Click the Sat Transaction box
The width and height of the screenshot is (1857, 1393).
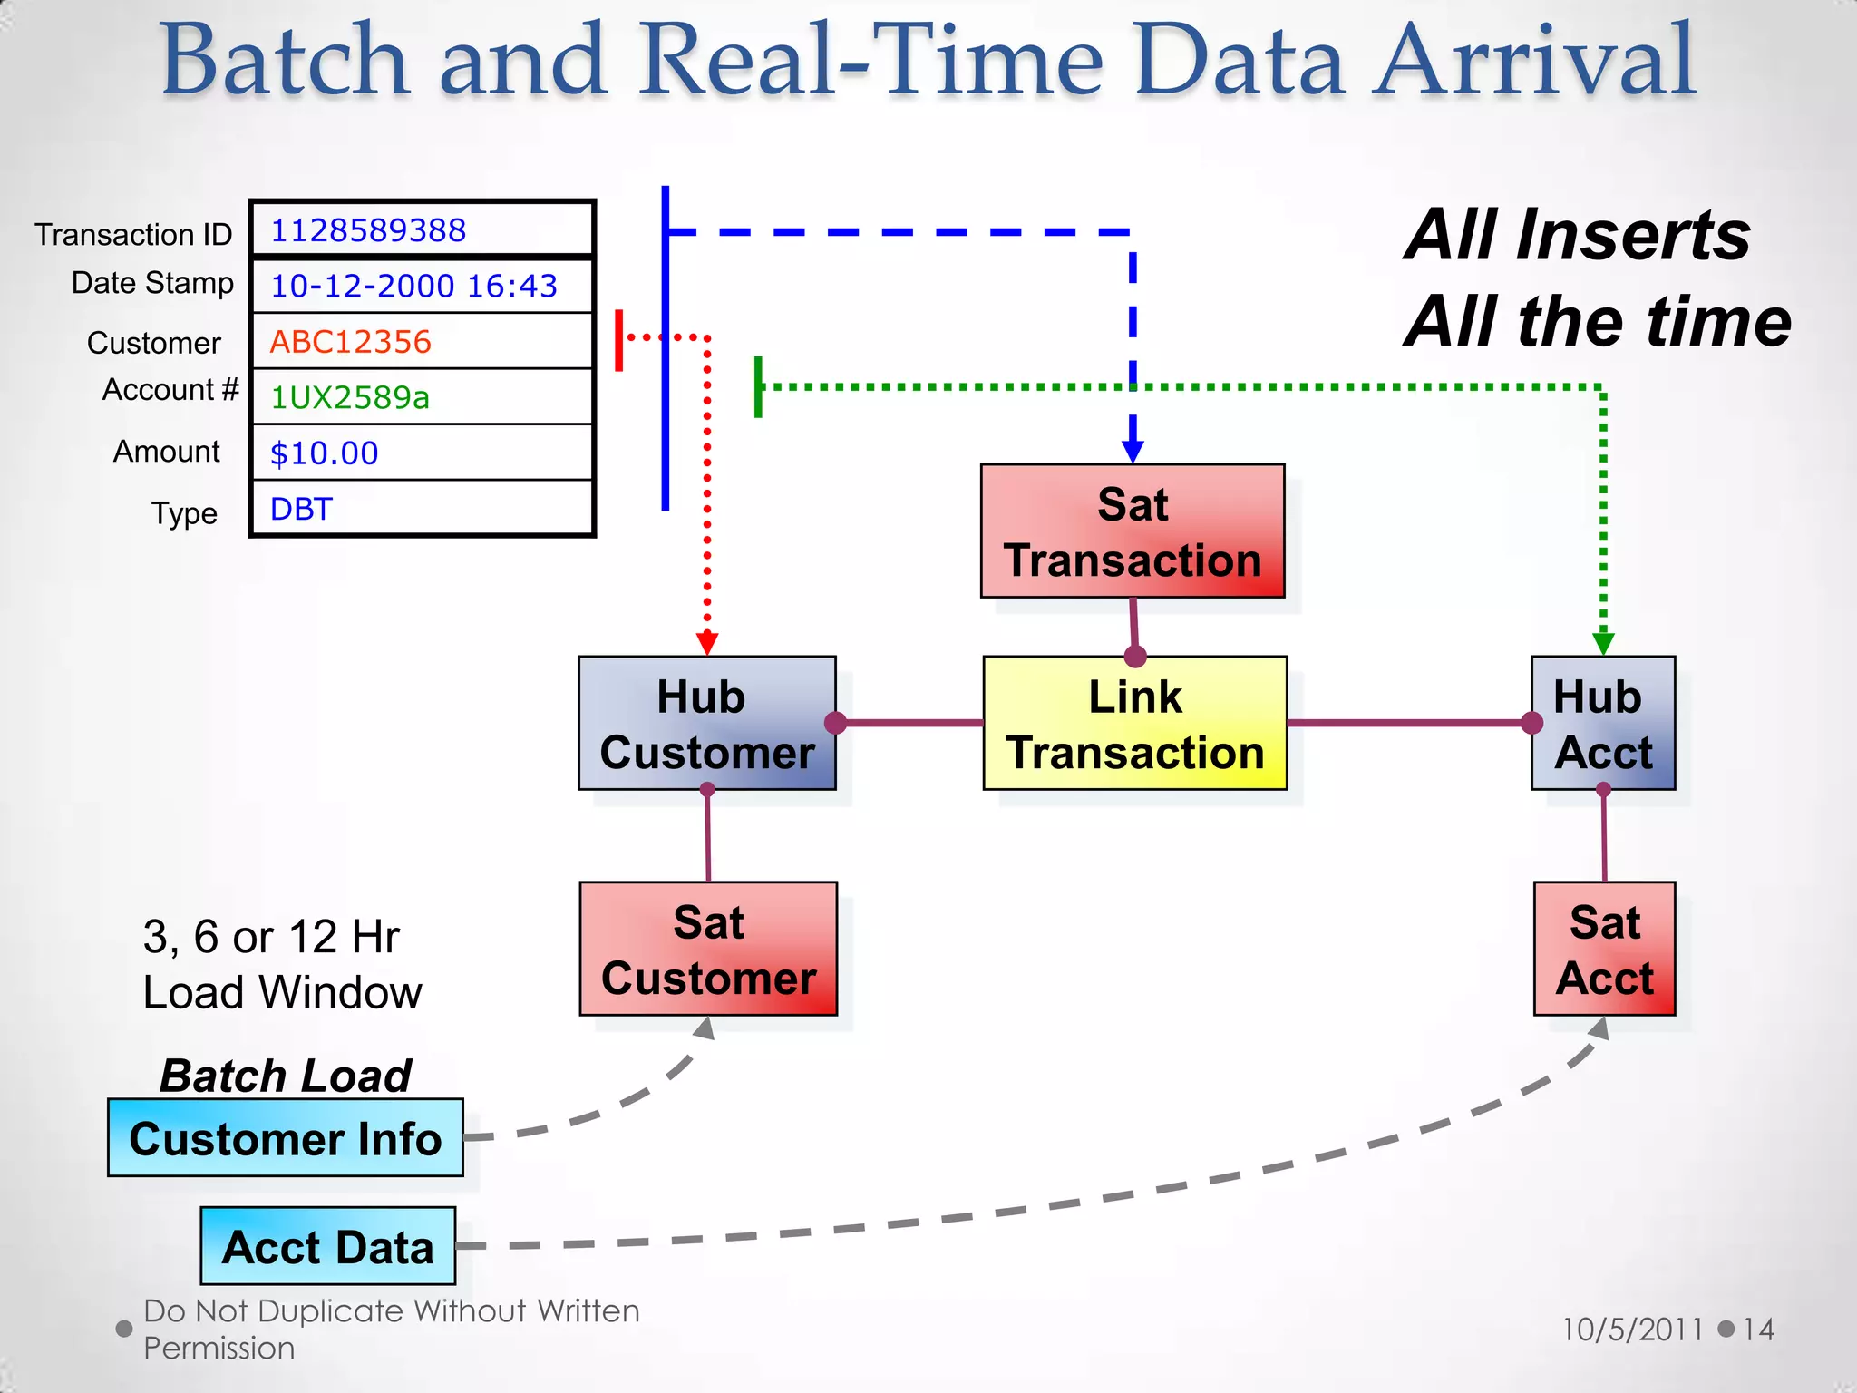[1133, 531]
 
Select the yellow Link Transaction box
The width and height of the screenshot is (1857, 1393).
[1134, 724]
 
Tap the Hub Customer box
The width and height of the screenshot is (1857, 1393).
[706, 724]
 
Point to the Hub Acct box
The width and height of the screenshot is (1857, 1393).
[1602, 724]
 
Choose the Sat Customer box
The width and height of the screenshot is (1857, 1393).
[708, 949]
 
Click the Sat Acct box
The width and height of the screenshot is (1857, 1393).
[1604, 949]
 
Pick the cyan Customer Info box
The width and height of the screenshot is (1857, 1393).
[285, 1138]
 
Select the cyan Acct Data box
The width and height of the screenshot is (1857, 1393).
[327, 1246]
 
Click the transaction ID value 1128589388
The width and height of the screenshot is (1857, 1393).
[368, 230]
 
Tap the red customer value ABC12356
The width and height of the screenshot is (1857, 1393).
[350, 342]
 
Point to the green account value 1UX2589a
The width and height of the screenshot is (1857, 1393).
[350, 397]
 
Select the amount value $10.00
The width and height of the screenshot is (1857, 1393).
[324, 453]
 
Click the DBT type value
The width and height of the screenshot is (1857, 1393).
[301, 509]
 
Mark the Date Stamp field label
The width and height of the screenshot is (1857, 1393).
[152, 283]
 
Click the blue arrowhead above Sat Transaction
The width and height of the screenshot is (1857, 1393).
[1133, 451]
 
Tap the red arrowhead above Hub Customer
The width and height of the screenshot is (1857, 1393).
[707, 644]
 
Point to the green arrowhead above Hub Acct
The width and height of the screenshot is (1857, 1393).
[1603, 644]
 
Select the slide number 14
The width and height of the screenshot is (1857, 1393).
[1758, 1330]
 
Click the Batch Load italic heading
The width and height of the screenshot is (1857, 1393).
[285, 1076]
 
